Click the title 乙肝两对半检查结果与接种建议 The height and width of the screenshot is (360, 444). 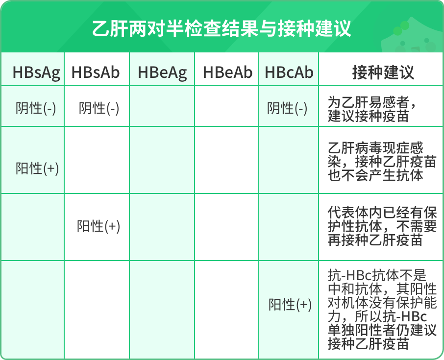click(x=222, y=28)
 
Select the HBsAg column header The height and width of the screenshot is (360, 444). click(x=36, y=72)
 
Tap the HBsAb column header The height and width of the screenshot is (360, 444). click(x=96, y=72)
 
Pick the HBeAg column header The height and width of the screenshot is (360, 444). click(x=162, y=72)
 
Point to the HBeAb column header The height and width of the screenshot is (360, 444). click(x=227, y=72)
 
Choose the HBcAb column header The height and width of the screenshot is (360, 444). click(x=289, y=72)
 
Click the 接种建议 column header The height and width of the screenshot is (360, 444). click(x=383, y=72)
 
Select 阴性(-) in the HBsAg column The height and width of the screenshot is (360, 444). click(x=36, y=108)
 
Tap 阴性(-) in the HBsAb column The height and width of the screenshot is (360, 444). click(x=99, y=108)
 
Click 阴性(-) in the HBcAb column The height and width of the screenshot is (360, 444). click(x=287, y=108)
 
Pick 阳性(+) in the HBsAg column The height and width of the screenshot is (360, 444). click(x=37, y=168)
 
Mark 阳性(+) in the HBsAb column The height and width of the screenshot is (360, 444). click(x=99, y=226)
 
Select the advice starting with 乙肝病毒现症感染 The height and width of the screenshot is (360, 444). click(x=382, y=162)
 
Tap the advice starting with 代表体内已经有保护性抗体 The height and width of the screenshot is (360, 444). click(x=382, y=227)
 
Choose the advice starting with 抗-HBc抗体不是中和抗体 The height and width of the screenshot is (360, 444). click(x=382, y=310)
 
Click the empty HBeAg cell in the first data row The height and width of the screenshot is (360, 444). click(x=162, y=107)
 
